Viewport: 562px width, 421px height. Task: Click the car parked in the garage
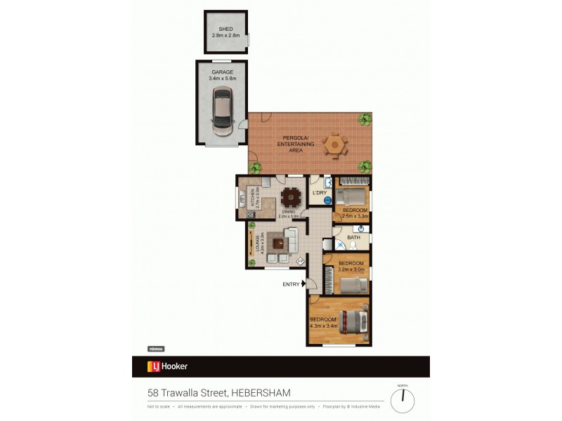tap(223, 111)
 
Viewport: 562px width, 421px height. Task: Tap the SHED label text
tap(225, 29)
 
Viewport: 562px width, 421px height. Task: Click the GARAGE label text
tap(223, 72)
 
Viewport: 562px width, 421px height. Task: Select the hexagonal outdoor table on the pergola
tap(335, 145)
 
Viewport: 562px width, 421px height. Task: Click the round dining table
tap(289, 197)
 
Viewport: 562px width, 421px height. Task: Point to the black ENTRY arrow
tap(303, 284)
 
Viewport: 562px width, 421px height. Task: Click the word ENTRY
tap(289, 284)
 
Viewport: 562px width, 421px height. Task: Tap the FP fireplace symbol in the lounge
tap(300, 261)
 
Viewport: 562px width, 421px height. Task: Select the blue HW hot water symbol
tap(327, 200)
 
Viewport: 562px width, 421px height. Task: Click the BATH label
tap(353, 237)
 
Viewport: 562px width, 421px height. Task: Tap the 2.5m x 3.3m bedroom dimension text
tap(355, 217)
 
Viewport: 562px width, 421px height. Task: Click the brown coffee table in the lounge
tap(278, 243)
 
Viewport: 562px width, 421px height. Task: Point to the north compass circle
tap(403, 401)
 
